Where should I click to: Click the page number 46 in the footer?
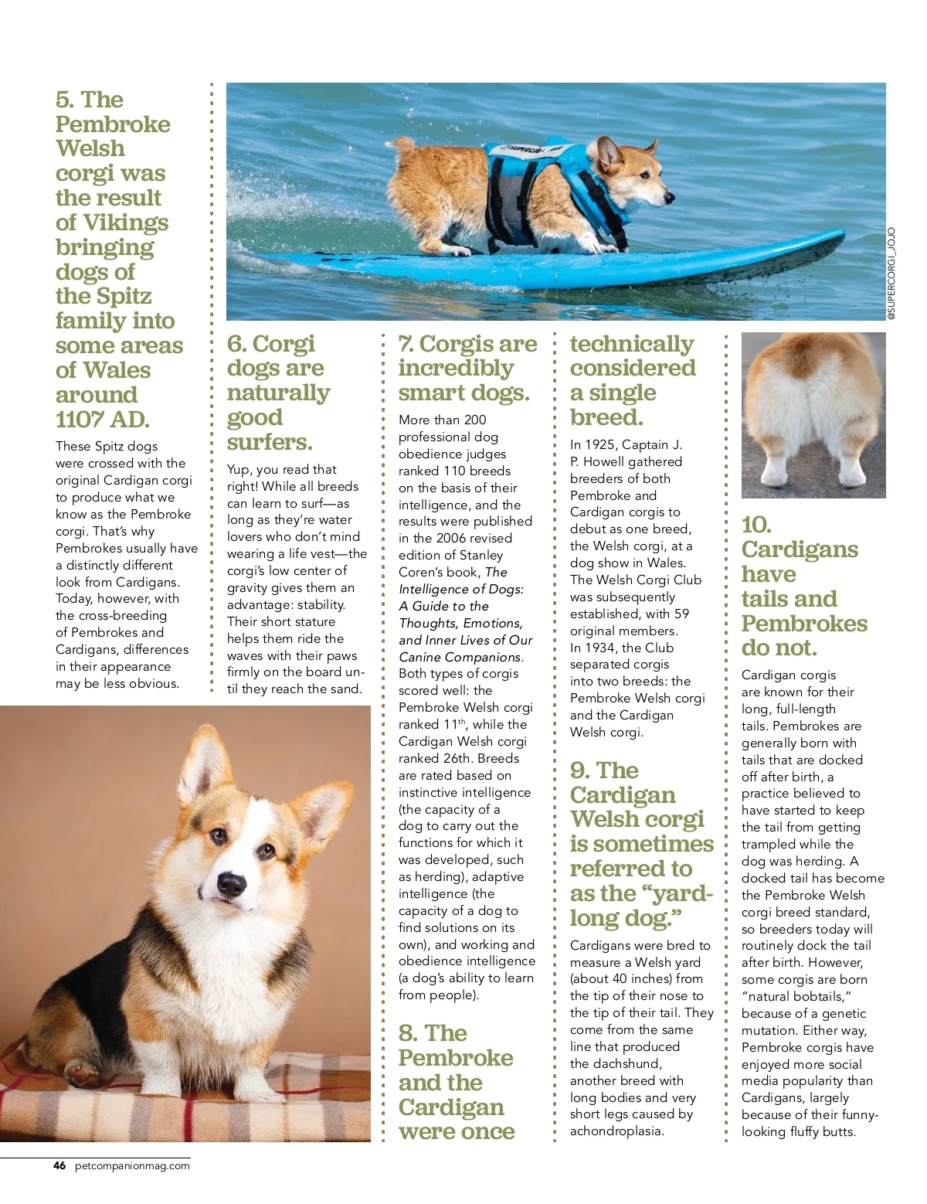[59, 1166]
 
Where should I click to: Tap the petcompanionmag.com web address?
[132, 1166]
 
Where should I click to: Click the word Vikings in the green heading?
[125, 223]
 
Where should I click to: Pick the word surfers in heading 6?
[269, 442]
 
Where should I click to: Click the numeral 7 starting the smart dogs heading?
[406, 344]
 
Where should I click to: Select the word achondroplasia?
[616, 1131]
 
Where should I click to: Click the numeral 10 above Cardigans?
[756, 525]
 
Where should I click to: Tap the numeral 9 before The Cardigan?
[579, 770]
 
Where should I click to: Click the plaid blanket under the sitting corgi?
[185, 1105]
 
